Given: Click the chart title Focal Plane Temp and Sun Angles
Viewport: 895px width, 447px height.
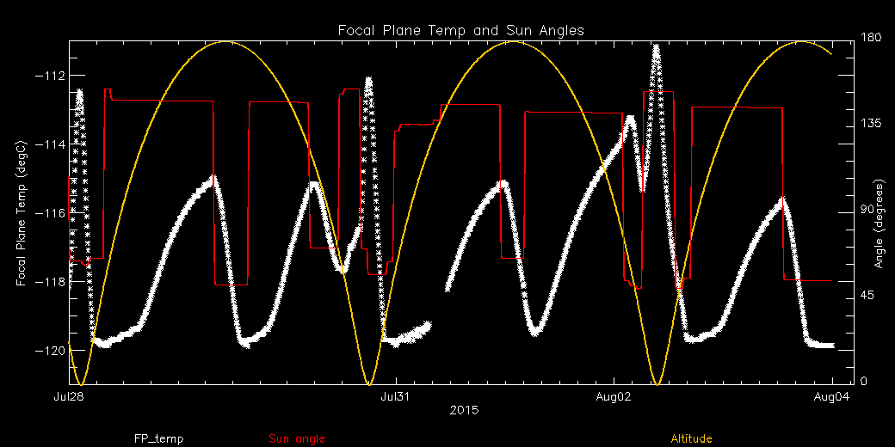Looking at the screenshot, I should (460, 31).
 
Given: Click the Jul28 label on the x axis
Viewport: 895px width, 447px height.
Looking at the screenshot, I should (69, 397).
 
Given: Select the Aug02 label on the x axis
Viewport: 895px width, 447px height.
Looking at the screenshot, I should (613, 397).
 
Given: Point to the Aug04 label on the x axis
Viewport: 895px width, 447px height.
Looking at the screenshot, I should (830, 397).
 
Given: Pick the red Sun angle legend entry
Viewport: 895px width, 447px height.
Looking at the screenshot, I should (297, 439).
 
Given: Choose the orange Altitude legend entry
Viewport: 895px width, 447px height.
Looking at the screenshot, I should (691, 439).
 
